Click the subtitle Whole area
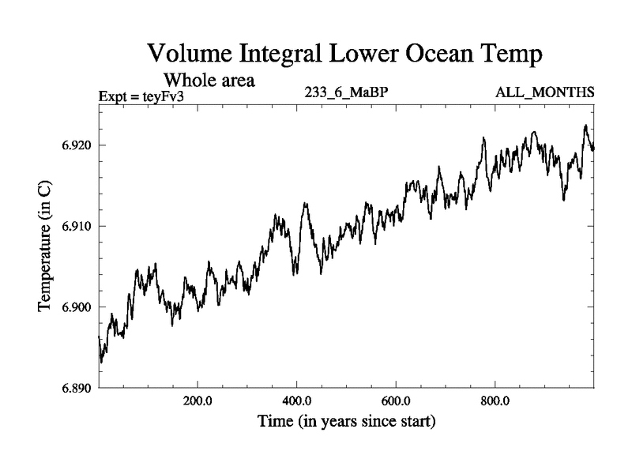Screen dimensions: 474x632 pos(209,80)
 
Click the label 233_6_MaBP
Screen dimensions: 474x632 pos(346,92)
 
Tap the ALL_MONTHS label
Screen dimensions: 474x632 pos(544,92)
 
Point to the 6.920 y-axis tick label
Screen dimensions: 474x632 pos(74,145)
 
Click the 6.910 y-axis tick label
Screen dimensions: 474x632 pos(74,227)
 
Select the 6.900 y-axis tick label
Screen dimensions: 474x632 pos(74,307)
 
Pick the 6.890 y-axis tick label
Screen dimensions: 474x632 pos(74,389)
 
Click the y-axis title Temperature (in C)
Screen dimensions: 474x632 pos(45,246)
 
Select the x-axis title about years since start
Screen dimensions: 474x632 pos(347,421)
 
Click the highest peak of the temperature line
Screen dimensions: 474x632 pos(585,125)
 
